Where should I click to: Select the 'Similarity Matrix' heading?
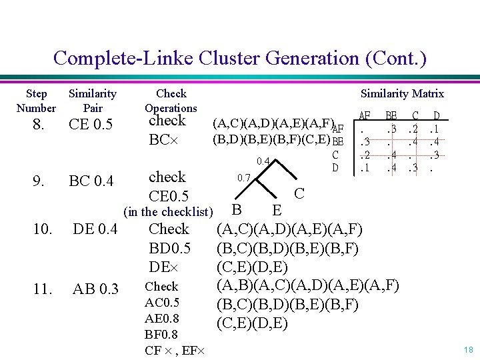(x=402, y=94)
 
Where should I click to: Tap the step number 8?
(x=38, y=125)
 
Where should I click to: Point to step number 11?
(x=42, y=289)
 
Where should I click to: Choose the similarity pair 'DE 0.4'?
(x=95, y=230)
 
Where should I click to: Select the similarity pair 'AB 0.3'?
(x=95, y=289)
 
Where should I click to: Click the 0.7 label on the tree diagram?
(x=245, y=178)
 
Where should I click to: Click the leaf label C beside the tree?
(x=299, y=193)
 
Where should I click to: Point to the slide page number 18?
(x=468, y=349)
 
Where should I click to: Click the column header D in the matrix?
(x=437, y=116)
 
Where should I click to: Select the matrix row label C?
(x=336, y=155)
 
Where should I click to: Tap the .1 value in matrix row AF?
(x=435, y=129)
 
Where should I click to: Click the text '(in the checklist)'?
(x=169, y=213)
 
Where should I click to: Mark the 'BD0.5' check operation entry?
(x=169, y=248)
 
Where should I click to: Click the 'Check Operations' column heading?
(x=171, y=101)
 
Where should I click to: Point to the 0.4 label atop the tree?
(x=263, y=161)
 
